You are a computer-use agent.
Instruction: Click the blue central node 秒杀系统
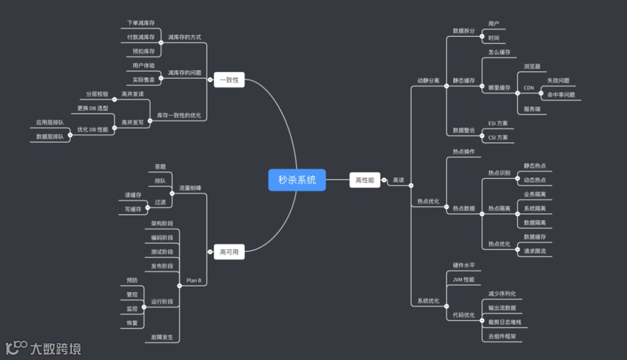(x=297, y=180)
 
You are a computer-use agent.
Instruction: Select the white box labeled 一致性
(x=229, y=80)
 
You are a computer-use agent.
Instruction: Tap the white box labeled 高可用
(x=229, y=252)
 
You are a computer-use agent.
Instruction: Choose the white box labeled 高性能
(x=365, y=180)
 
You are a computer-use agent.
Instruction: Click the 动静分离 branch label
(x=428, y=80)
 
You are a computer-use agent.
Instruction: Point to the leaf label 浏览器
(x=532, y=67)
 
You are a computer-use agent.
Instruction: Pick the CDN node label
(x=528, y=88)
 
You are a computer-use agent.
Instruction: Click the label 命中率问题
(x=561, y=95)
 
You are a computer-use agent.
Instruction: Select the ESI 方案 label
(x=498, y=123)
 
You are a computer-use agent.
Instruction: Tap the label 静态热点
(x=535, y=166)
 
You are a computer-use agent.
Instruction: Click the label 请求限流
(x=535, y=251)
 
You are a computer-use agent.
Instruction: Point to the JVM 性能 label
(x=463, y=279)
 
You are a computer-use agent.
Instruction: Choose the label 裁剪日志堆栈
(x=505, y=322)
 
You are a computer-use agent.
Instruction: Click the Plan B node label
(x=194, y=280)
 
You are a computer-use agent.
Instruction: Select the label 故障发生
(x=162, y=337)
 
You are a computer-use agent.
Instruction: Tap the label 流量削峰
(x=190, y=188)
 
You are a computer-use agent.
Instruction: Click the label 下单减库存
(x=141, y=23)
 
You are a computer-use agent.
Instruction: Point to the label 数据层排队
(x=50, y=137)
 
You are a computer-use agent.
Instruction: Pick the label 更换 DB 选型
(x=93, y=109)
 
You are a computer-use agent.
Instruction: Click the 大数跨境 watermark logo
(x=43, y=348)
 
